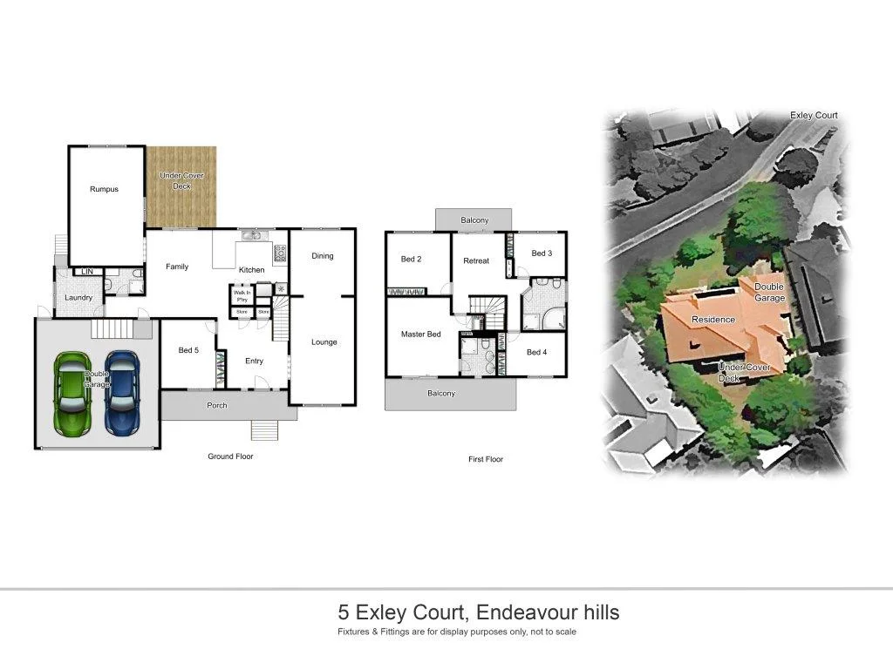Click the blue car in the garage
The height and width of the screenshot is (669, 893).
121,394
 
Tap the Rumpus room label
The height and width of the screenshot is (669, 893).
104,189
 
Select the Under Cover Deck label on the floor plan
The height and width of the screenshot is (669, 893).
181,180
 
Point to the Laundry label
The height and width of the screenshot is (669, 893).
78,298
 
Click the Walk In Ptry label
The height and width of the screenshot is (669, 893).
242,295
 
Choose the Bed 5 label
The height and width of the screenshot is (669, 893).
188,350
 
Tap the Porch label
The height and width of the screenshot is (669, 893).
216,406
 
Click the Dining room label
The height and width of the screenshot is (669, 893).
323,256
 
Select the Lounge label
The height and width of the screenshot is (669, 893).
324,342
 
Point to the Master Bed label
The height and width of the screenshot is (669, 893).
420,334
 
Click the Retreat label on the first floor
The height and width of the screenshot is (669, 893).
476,260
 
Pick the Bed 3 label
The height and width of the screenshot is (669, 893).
542,253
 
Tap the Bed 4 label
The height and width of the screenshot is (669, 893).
538,352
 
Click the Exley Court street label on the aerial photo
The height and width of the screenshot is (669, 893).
814,115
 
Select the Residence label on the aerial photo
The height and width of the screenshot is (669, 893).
713,320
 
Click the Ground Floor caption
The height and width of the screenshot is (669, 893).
230,456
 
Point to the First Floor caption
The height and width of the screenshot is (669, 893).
486,459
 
